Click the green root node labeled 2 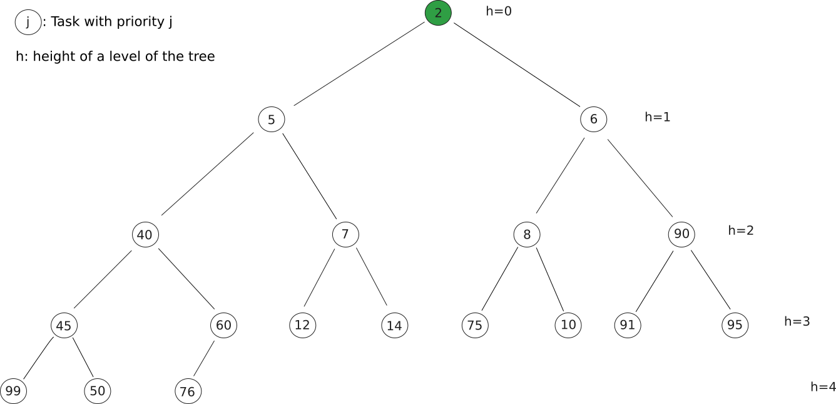pyautogui.click(x=438, y=13)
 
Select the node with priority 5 pyautogui.click(x=272, y=119)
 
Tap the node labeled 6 pyautogui.click(x=593, y=119)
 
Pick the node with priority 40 pyautogui.click(x=145, y=234)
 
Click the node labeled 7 pyautogui.click(x=345, y=234)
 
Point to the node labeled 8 pyautogui.click(x=527, y=234)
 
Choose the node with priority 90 pyautogui.click(x=681, y=234)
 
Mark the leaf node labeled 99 pyautogui.click(x=13, y=391)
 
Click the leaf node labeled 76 pyautogui.click(x=188, y=391)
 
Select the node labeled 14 pyautogui.click(x=394, y=325)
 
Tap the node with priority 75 pyautogui.click(x=475, y=325)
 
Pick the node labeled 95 pyautogui.click(x=735, y=325)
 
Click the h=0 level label pyautogui.click(x=499, y=11)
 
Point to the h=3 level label pyautogui.click(x=797, y=321)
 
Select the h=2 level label pyautogui.click(x=741, y=230)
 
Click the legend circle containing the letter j pyautogui.click(x=28, y=22)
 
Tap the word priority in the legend pyautogui.click(x=140, y=22)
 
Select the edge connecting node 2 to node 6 pyautogui.click(x=517, y=65)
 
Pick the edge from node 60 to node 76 pyautogui.click(x=204, y=358)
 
